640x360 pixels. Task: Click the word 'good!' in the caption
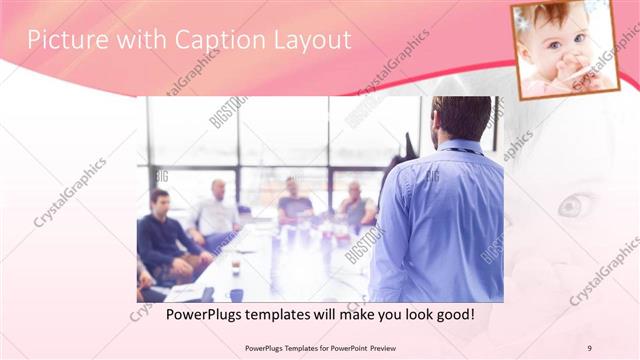[452, 314]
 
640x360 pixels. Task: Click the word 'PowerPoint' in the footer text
[345, 348]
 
